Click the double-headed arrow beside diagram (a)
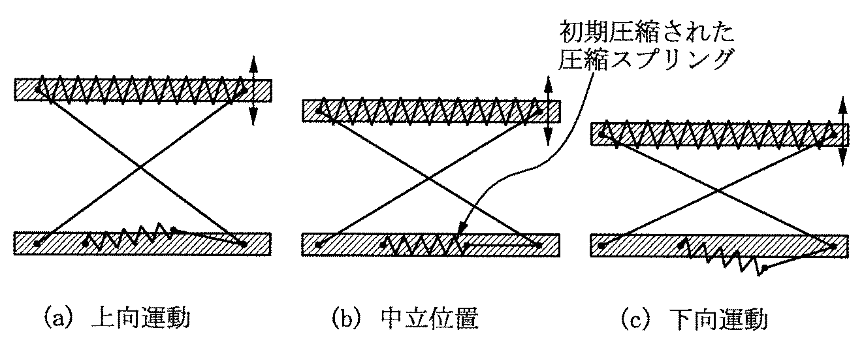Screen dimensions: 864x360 coord(253,91)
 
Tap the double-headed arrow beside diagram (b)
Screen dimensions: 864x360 coord(548,111)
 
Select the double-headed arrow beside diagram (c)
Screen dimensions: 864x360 coord(843,131)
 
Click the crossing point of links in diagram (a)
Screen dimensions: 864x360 coord(141,167)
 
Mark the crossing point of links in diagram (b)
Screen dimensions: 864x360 coord(429,178)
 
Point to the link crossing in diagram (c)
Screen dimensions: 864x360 coord(718,191)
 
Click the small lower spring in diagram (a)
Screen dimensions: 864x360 coord(129,235)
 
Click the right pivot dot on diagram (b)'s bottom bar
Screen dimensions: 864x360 coord(539,245)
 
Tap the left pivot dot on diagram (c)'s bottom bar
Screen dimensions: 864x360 coord(601,246)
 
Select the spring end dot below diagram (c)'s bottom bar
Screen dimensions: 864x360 coord(765,267)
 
